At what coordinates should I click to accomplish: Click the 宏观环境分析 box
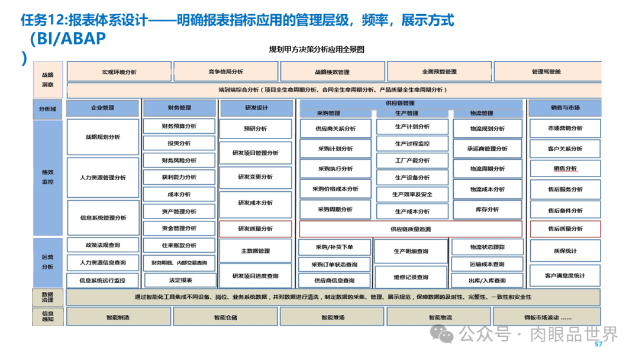tap(119, 72)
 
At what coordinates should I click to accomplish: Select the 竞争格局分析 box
tap(225, 72)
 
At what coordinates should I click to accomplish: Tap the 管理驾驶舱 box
tap(546, 72)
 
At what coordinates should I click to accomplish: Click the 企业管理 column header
tap(102, 108)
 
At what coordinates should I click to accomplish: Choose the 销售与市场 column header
tap(565, 108)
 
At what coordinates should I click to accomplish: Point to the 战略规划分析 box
tap(103, 137)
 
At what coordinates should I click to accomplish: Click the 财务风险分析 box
tap(179, 160)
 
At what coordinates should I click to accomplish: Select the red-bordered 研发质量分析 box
tap(255, 229)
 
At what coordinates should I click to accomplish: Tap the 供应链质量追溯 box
tap(411, 229)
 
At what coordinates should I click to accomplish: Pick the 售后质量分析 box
tap(565, 229)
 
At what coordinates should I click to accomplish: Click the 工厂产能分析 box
tap(412, 160)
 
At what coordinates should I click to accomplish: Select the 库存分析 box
tap(488, 210)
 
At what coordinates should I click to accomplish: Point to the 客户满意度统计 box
tap(565, 275)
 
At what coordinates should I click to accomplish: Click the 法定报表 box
tap(180, 280)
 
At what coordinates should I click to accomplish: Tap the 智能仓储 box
tap(225, 317)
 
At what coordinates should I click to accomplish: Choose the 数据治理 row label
tap(48, 297)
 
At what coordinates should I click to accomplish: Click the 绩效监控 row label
tap(48, 177)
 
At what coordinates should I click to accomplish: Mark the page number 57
tap(598, 345)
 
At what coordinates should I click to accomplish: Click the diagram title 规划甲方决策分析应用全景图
tap(317, 50)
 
